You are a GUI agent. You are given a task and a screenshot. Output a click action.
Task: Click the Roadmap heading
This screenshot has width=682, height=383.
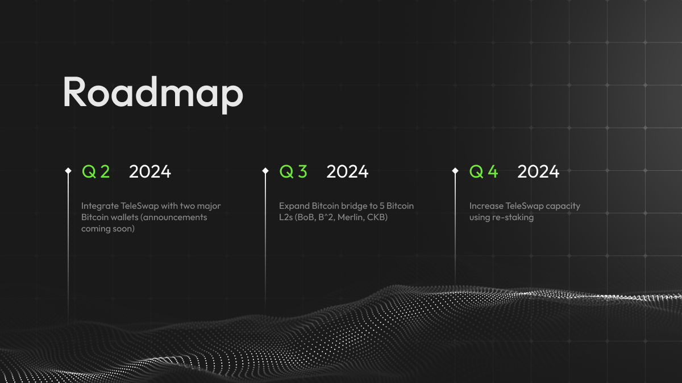(153, 94)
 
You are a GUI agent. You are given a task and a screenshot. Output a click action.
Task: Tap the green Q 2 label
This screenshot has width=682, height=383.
(96, 171)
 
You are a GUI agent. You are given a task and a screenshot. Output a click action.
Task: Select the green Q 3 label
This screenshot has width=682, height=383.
(293, 171)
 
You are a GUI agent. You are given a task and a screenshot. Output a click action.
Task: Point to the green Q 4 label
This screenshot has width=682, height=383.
(484, 171)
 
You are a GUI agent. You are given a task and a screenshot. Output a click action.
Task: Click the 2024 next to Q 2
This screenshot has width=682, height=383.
(150, 171)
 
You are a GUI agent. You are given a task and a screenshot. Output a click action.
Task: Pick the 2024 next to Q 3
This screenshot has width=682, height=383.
(347, 171)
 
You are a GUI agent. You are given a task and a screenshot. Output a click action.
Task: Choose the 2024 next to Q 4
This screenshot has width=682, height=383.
(538, 171)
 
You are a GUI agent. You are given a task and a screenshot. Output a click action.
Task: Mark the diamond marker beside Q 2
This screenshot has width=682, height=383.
(68, 171)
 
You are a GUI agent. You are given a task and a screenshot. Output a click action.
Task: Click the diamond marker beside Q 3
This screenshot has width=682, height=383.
(265, 171)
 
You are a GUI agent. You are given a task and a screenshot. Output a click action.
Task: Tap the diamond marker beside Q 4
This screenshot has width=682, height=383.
(455, 171)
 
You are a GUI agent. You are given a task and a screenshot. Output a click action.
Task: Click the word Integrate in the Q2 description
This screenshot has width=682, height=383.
(100, 207)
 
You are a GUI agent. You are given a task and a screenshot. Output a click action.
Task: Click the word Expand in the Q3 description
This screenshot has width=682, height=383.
(294, 207)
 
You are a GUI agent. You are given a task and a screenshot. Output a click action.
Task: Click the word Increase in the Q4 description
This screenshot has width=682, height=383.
(486, 206)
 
